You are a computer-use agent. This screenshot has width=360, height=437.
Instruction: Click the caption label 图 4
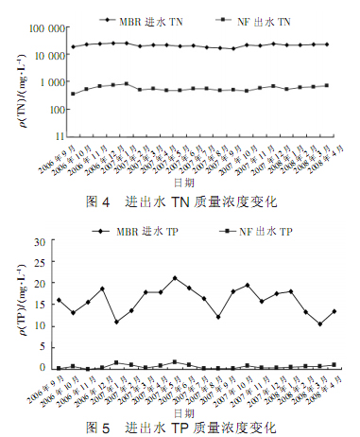(x=111, y=201)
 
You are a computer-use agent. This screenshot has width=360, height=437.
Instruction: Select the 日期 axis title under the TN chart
(x=193, y=185)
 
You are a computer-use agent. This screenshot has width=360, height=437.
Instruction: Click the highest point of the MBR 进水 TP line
(x=175, y=278)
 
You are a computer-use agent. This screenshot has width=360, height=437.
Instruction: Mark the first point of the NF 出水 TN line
(x=74, y=94)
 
